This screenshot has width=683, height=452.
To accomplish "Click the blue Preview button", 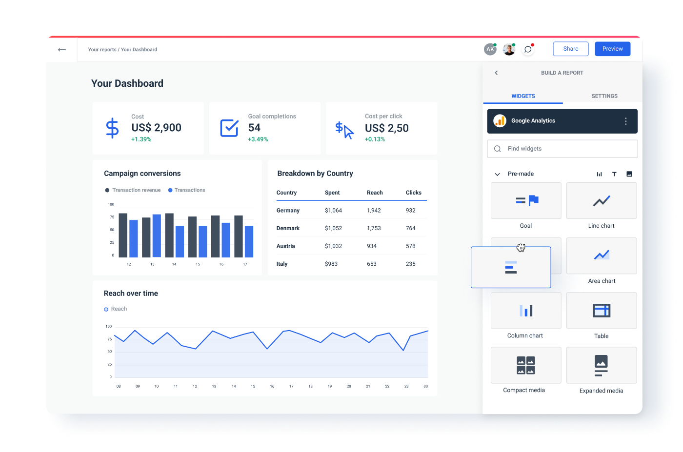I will pyautogui.click(x=612, y=49).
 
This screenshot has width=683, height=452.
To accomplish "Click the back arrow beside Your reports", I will pyautogui.click(x=62, y=50).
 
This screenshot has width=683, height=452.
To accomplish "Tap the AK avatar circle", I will pyautogui.click(x=490, y=49).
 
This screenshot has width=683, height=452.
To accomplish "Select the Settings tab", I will pyautogui.click(x=604, y=96).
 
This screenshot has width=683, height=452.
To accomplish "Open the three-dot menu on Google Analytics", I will pyautogui.click(x=625, y=121).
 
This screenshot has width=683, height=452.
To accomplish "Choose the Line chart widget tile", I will pyautogui.click(x=601, y=201).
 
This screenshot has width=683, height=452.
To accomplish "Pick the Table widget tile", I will pyautogui.click(x=601, y=311).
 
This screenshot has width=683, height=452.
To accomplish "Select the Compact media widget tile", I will pyautogui.click(x=525, y=365).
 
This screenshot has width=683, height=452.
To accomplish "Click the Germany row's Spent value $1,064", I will pyautogui.click(x=333, y=211).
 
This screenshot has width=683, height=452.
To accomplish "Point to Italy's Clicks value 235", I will pyautogui.click(x=410, y=264).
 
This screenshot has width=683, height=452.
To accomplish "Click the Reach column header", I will pyautogui.click(x=375, y=193).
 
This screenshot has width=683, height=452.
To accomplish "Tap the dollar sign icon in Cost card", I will pyautogui.click(x=112, y=128).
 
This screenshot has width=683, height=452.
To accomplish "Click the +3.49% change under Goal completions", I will pyautogui.click(x=258, y=139).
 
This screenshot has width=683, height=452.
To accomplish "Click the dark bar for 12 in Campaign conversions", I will pyautogui.click(x=123, y=235).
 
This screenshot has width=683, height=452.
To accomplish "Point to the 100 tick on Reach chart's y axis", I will pyautogui.click(x=108, y=326).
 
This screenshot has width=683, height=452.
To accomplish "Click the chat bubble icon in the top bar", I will pyautogui.click(x=527, y=49).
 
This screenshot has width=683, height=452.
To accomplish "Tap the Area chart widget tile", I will pyautogui.click(x=601, y=255).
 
